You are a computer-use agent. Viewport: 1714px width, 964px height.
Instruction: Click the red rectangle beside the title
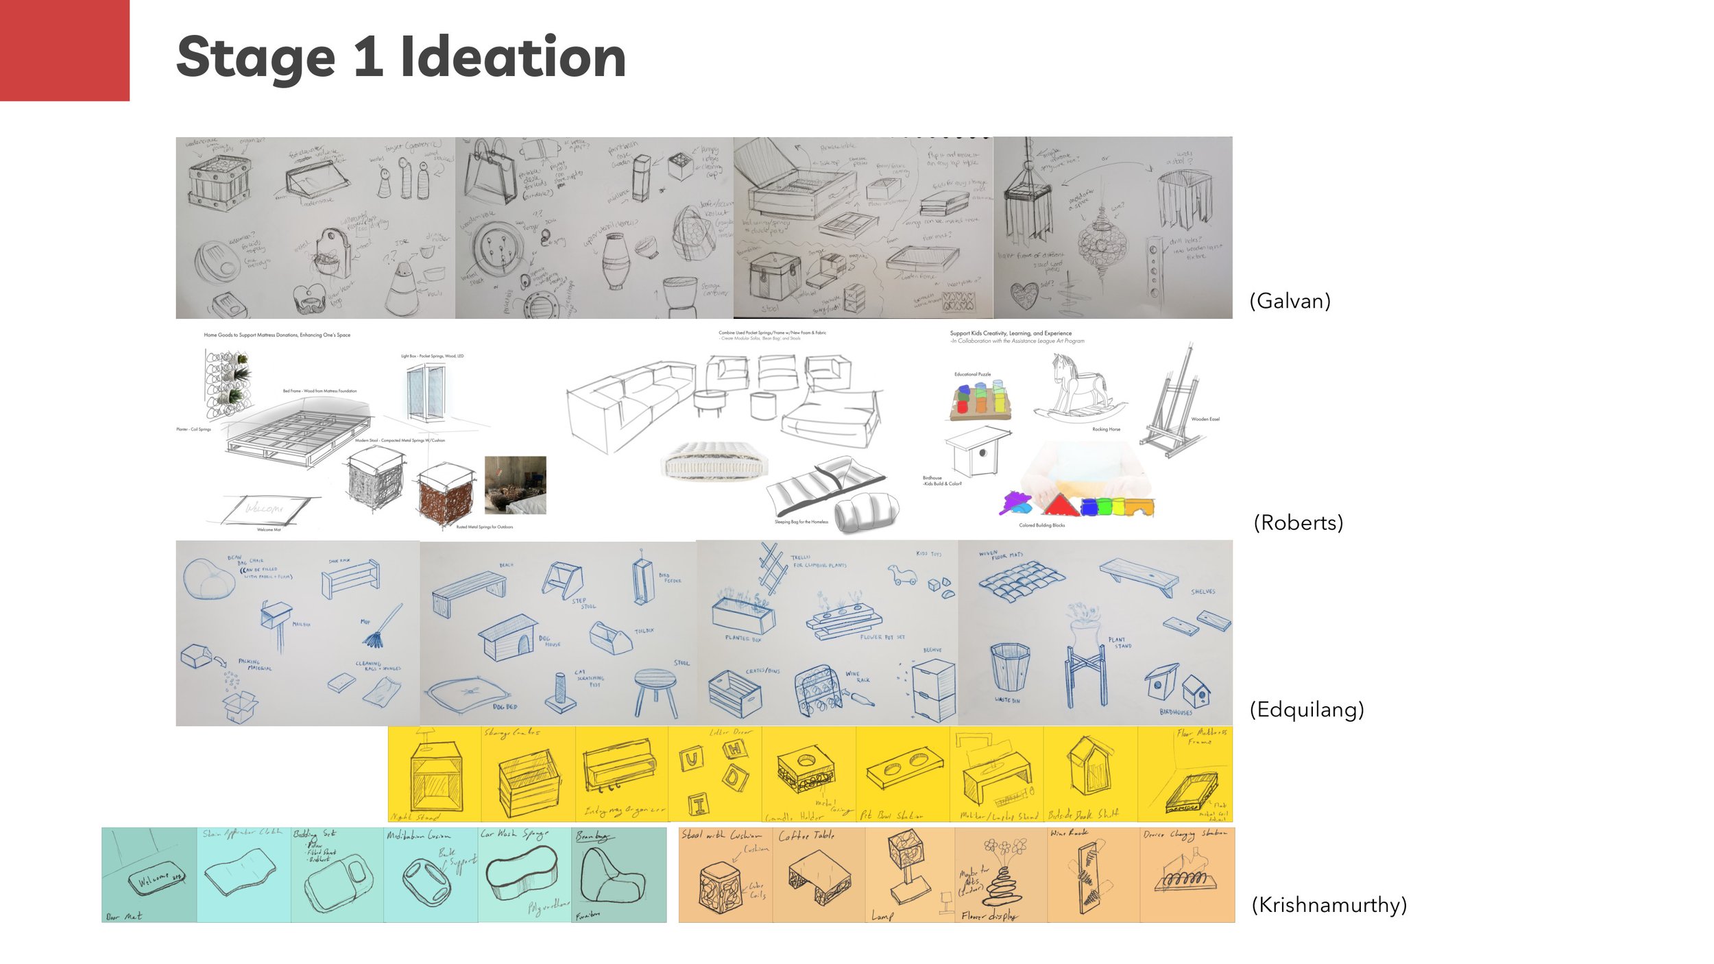point(64,50)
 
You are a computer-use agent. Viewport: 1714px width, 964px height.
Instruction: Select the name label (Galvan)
point(1290,300)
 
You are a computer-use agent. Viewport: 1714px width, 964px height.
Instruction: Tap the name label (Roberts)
point(1298,522)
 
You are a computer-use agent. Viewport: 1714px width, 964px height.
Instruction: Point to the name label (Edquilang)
point(1307,709)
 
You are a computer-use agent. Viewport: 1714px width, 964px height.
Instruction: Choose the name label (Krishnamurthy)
point(1329,904)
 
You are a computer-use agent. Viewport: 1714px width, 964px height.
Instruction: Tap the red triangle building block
point(1060,505)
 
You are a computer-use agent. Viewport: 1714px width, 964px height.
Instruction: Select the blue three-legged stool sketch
point(655,690)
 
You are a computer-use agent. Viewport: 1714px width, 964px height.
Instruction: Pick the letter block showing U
point(690,759)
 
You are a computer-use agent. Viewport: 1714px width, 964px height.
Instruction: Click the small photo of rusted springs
point(515,485)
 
